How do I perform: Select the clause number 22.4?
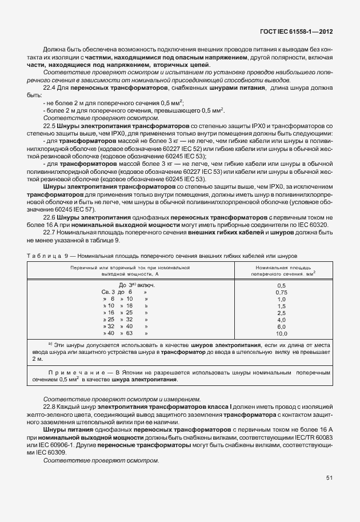tap(50, 87)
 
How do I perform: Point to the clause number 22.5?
tap(50, 125)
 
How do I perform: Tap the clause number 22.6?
tap(50, 218)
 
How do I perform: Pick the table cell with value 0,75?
tap(281, 292)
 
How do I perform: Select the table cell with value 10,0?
tap(281, 333)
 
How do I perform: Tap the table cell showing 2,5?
tap(281, 312)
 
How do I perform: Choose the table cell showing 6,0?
tap(281, 326)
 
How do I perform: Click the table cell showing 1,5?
tap(281, 305)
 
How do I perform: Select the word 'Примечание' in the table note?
tap(71, 373)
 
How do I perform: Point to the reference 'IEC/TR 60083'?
tap(311, 437)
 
